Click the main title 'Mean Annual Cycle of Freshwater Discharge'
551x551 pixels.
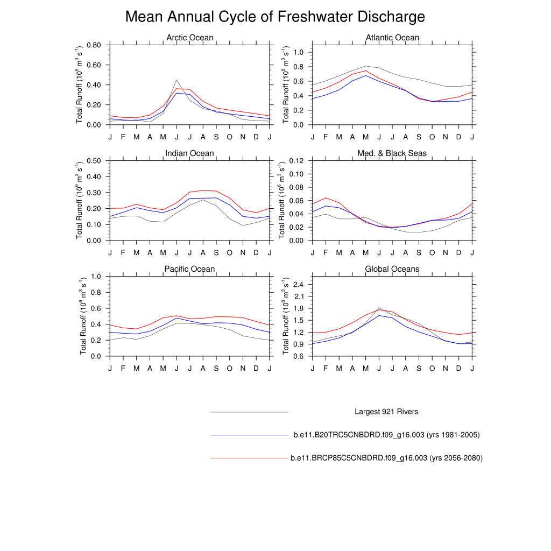tap(275, 17)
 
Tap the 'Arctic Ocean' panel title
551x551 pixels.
tap(189, 38)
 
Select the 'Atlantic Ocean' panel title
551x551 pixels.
tap(392, 38)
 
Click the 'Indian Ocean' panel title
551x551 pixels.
tap(189, 153)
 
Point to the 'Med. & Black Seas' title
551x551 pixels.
tap(392, 153)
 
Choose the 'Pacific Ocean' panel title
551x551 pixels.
tap(189, 269)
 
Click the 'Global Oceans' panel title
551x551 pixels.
tap(392, 269)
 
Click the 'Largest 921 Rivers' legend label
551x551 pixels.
tap(386, 412)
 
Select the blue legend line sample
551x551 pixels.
tap(250, 435)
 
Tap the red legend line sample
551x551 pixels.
tap(250, 458)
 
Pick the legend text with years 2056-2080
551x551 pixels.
tap(386, 458)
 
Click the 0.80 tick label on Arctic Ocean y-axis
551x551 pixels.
tap(94, 45)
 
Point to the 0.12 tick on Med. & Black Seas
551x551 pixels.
tap(296, 160)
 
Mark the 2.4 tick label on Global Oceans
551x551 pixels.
tap(299, 284)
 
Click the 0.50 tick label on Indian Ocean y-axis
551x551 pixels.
tap(94, 160)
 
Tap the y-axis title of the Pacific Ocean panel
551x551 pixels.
tap(83, 316)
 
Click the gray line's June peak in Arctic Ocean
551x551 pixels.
tap(176, 80)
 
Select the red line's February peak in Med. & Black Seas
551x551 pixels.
tap(326, 197)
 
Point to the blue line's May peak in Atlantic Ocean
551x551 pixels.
tap(366, 75)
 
